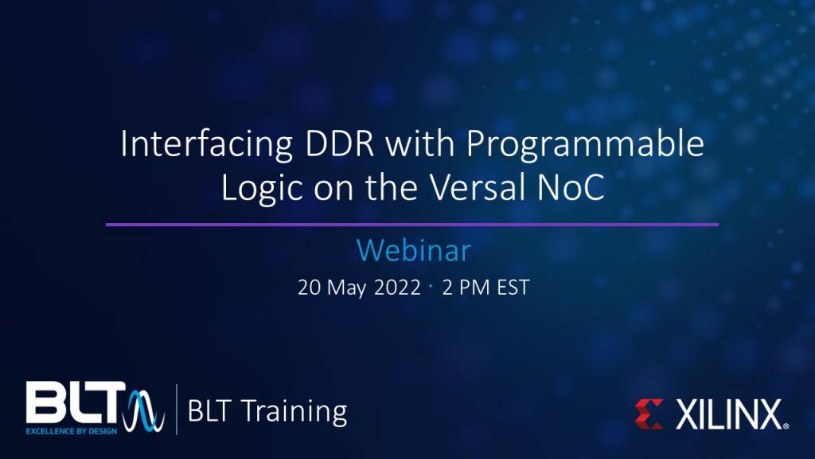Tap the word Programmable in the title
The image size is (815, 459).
point(586,148)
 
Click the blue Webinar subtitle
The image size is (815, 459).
point(413,250)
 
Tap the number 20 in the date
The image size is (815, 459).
point(309,288)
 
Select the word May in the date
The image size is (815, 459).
point(347,288)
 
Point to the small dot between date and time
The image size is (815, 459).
point(431,285)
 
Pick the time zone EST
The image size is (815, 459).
point(510,288)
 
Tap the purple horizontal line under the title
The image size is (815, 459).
point(412,225)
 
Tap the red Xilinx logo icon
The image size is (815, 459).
point(649,414)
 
